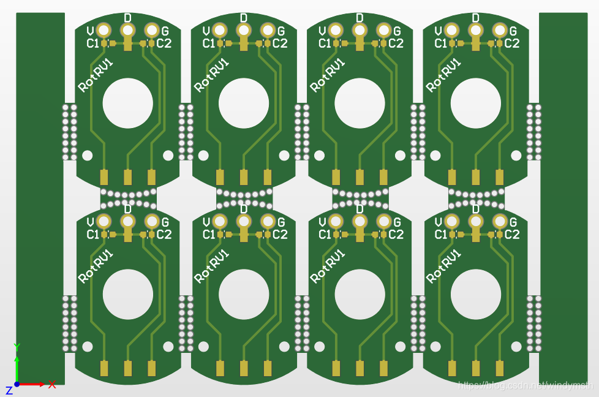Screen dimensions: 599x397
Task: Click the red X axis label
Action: click(52, 385)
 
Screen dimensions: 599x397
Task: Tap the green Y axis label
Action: click(17, 347)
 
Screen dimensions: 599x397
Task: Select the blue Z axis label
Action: click(9, 390)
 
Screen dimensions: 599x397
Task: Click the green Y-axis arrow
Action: click(17, 367)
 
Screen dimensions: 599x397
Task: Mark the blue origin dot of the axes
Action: click(17, 384)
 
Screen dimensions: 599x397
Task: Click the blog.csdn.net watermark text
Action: click(526, 385)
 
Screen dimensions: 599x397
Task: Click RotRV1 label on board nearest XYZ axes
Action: click(96, 265)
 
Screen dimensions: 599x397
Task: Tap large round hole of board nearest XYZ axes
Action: click(127, 294)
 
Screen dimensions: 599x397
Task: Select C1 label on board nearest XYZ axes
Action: click(92, 235)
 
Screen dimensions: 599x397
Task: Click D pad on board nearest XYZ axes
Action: click(127, 221)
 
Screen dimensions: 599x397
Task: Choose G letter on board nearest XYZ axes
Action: click(165, 222)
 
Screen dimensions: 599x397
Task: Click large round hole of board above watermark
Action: click(475, 294)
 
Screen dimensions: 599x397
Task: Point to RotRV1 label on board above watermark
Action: click(443, 265)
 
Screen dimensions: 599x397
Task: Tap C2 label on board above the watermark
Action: click(512, 235)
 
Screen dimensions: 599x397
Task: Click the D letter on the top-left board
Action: click(127, 18)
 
